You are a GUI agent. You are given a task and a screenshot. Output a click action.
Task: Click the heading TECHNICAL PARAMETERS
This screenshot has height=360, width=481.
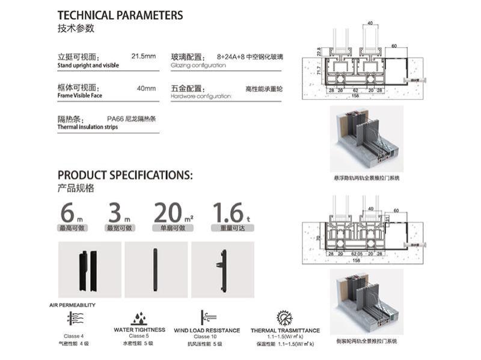coord(120,15)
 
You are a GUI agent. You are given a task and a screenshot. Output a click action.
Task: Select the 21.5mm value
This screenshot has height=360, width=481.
coord(143,57)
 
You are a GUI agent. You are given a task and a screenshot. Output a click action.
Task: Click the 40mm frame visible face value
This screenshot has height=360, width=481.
coord(146,88)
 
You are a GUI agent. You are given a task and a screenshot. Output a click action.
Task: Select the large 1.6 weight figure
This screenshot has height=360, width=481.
coord(227,213)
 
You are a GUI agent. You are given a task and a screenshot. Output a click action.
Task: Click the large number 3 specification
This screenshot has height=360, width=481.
coord(115,213)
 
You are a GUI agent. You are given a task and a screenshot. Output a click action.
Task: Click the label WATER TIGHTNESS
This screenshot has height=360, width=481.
coord(139,330)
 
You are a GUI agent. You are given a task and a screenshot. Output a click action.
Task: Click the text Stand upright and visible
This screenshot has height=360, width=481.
coord(88,65)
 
